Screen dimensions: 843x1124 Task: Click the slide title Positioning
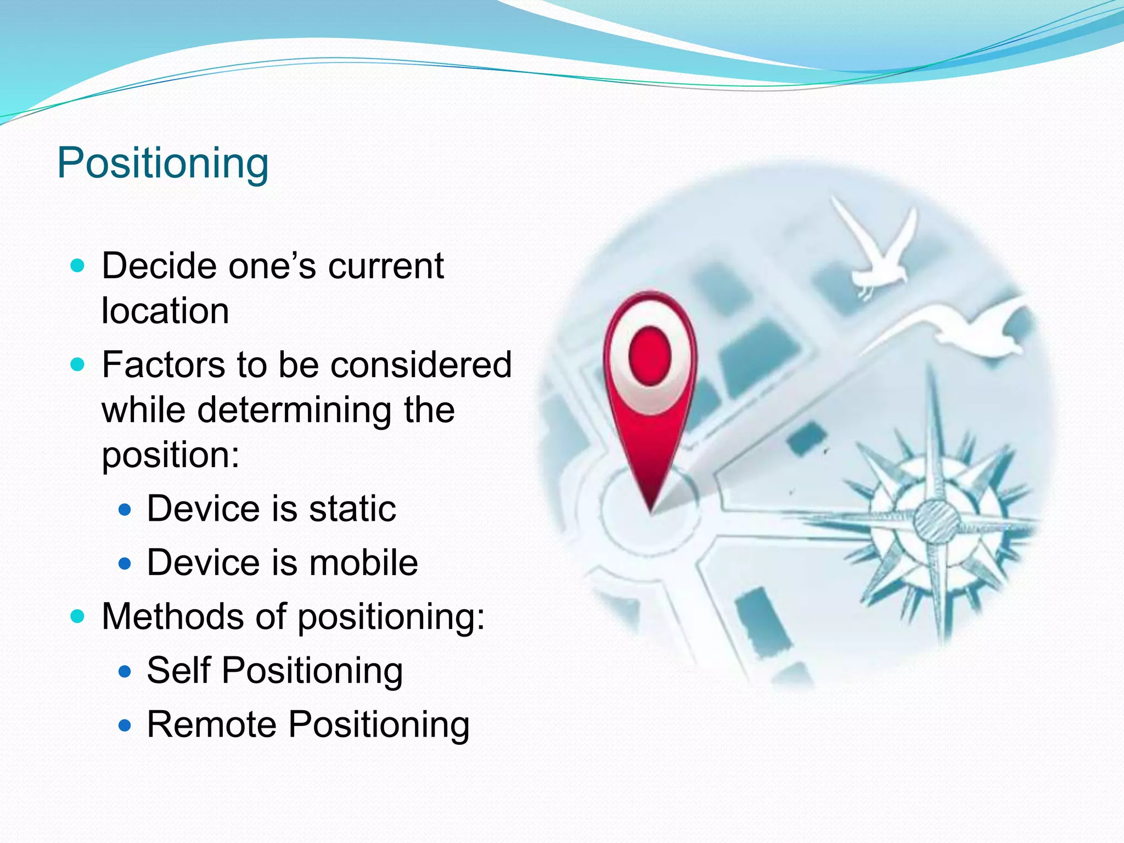(163, 164)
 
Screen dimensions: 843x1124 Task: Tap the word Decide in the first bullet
(159, 267)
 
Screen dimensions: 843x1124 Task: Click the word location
(165, 311)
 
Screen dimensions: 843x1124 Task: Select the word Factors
(164, 365)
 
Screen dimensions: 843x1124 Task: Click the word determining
(294, 411)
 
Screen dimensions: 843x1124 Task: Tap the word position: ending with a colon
(171, 456)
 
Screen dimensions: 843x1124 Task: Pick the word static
(352, 509)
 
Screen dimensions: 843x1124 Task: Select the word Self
(178, 671)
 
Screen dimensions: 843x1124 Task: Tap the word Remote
(211, 724)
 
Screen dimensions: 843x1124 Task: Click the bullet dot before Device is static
(125, 510)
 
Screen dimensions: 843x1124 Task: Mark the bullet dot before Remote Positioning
(125, 726)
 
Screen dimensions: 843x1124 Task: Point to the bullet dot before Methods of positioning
(78, 617)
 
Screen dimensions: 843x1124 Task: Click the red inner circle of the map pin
(650, 356)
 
